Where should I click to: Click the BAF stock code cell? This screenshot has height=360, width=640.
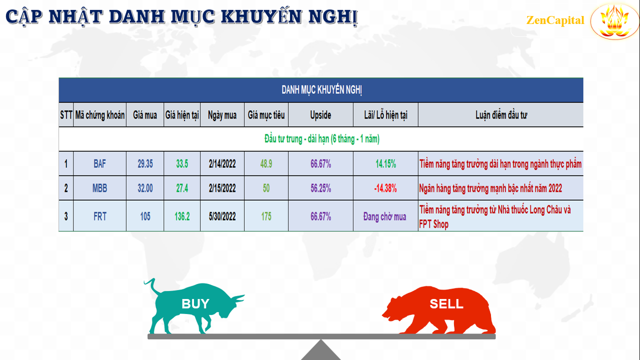[99, 163]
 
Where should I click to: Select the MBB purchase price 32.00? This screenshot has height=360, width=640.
[145, 188]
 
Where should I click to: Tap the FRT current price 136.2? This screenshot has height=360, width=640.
[182, 216]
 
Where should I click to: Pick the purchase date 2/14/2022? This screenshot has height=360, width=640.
[222, 163]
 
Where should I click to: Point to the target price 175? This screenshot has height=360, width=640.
[266, 216]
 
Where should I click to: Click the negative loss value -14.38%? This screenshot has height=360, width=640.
[385, 188]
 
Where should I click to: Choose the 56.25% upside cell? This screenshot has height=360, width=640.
[321, 188]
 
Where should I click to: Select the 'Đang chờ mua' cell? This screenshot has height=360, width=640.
[385, 216]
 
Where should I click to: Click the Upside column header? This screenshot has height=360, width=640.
[320, 115]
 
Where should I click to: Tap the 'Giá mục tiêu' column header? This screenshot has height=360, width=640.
[266, 115]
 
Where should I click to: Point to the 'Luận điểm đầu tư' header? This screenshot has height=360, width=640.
[501, 115]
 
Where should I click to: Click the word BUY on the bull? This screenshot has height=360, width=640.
[195, 303]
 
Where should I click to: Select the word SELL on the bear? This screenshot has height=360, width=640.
[446, 303]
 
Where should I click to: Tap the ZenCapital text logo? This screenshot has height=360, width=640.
[555, 20]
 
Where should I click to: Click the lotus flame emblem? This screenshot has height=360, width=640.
[615, 21]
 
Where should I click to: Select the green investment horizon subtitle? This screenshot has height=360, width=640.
[322, 139]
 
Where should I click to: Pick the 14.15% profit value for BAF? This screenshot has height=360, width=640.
[385, 163]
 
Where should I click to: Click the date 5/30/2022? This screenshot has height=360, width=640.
[222, 216]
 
